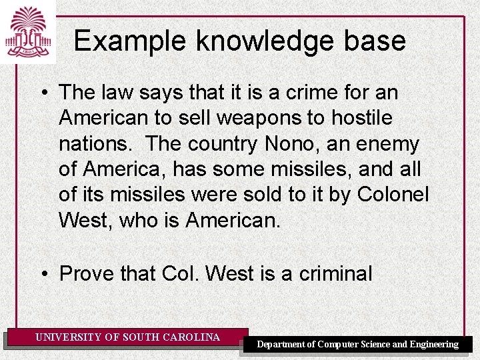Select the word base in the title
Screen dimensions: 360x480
pyautogui.click(x=376, y=41)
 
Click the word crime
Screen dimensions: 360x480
pyautogui.click(x=309, y=93)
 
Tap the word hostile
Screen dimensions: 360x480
pyautogui.click(x=361, y=118)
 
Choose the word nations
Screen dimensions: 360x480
pyautogui.click(x=96, y=143)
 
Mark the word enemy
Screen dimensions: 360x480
pyautogui.click(x=390, y=143)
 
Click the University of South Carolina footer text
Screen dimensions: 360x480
pyautogui.click(x=127, y=337)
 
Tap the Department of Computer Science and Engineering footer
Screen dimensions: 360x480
pyautogui.click(x=358, y=344)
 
